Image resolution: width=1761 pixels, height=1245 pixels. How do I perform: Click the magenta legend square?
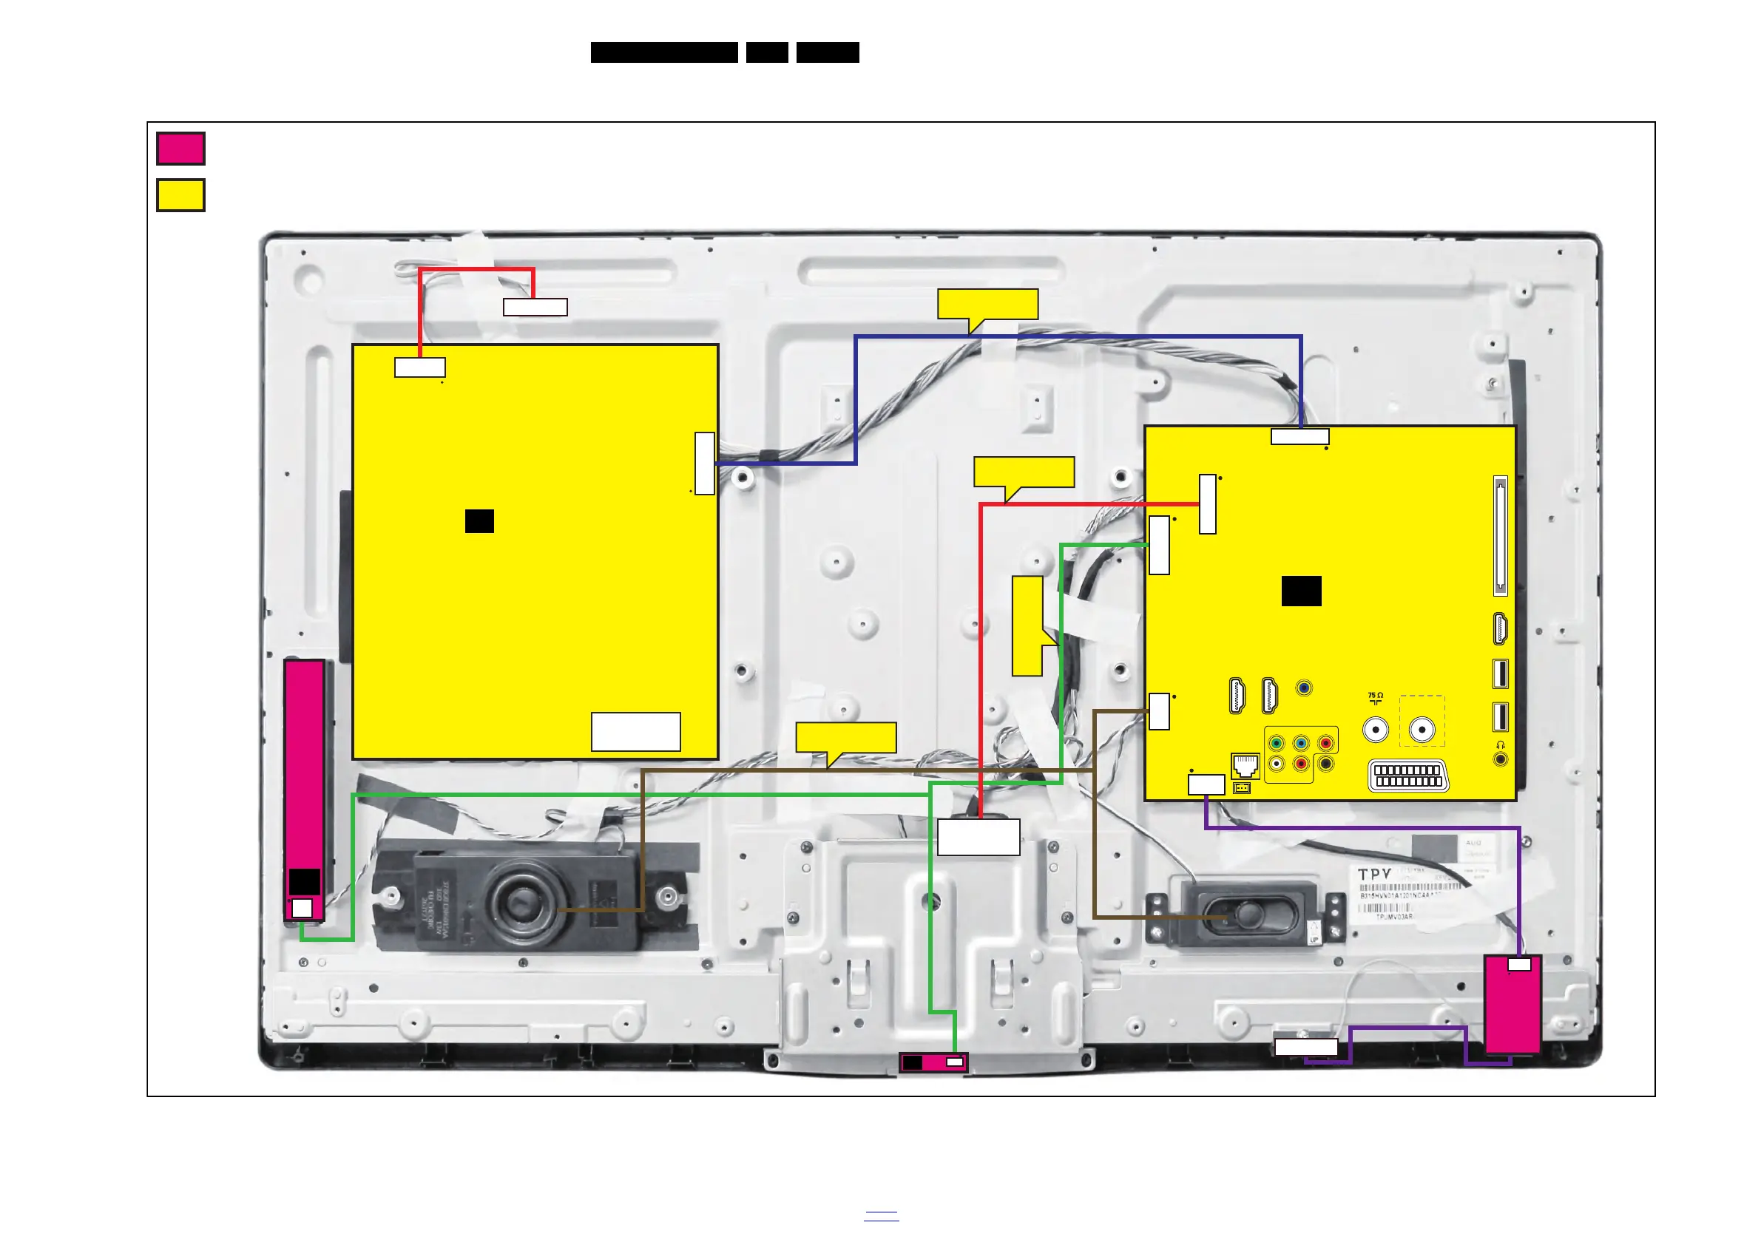[180, 149]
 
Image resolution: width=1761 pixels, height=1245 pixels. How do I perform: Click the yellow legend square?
[180, 194]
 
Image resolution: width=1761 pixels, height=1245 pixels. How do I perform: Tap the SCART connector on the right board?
[1408, 775]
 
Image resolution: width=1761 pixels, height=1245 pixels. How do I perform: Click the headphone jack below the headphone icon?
[1500, 759]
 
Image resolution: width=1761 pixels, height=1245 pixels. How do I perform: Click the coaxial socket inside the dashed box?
[1422, 729]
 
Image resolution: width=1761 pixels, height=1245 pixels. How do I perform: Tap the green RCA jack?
[1277, 743]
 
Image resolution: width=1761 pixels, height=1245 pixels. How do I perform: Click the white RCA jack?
[1277, 764]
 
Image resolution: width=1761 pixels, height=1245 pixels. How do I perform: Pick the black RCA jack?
[1325, 764]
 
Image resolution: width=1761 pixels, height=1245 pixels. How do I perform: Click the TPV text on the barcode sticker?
[1374, 874]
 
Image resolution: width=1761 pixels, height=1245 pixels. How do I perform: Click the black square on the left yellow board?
[479, 521]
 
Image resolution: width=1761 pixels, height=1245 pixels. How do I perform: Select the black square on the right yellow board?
[1302, 591]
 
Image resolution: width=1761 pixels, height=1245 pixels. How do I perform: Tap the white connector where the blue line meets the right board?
[1300, 437]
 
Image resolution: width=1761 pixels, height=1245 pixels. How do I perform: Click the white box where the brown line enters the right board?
[1159, 711]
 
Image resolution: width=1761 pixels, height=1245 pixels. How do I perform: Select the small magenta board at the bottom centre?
[933, 1062]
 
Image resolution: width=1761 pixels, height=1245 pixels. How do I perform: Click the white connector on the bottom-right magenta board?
[1519, 964]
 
